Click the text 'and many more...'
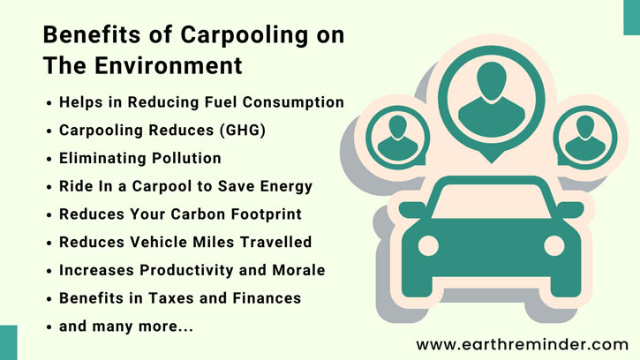125,326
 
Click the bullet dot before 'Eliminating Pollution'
50,159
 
